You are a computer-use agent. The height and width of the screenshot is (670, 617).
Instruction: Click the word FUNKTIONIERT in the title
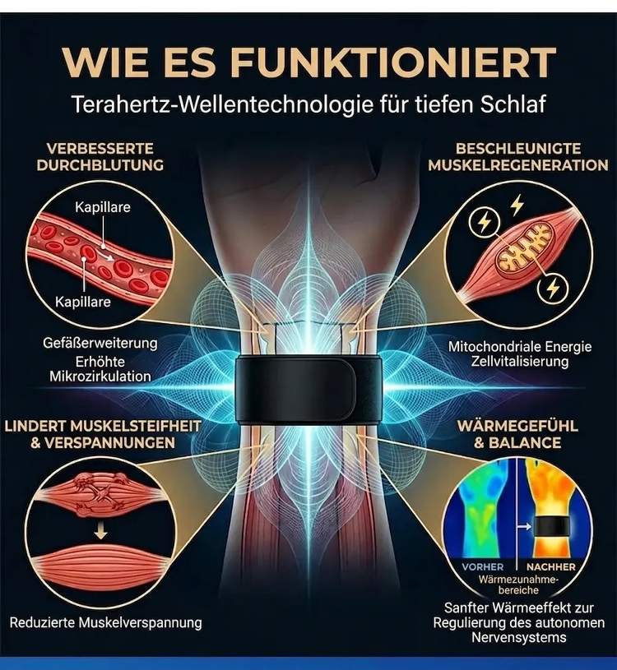point(394,62)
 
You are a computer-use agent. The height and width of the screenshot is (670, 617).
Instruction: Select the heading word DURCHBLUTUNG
point(100,165)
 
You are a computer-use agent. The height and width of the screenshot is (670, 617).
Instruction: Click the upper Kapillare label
point(103,207)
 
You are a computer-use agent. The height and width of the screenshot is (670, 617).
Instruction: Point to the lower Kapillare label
point(83,302)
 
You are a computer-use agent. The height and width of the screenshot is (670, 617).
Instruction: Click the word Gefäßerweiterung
point(100,343)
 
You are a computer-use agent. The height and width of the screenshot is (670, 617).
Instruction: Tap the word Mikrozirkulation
point(100,377)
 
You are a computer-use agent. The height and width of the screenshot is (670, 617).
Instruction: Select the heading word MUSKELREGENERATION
point(518,165)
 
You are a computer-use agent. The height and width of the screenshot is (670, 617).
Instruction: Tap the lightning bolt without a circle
point(517,205)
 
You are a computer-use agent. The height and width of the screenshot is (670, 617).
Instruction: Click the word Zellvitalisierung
point(520,362)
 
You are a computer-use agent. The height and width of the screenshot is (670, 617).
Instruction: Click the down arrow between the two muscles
point(101,532)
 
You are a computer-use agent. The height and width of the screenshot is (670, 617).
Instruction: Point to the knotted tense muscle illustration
point(101,495)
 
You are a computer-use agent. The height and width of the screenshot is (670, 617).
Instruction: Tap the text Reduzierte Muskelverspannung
point(105,622)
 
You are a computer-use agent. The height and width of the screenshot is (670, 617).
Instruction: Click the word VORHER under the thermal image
point(483,567)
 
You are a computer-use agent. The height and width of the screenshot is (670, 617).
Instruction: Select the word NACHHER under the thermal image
point(550,567)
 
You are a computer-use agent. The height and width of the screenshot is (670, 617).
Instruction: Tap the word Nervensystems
point(519,637)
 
